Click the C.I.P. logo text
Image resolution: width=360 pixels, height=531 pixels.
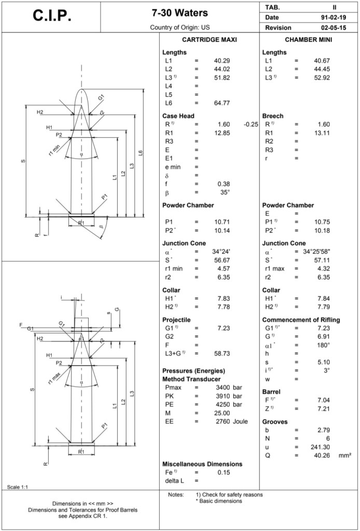(52, 17)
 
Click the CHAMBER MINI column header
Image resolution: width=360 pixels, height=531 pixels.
(309, 39)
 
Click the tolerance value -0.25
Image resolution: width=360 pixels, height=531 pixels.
(251, 124)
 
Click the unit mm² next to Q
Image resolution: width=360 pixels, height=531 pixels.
(345, 455)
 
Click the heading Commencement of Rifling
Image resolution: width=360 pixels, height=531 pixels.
(301, 319)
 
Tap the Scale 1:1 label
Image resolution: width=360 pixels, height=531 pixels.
(18, 486)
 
